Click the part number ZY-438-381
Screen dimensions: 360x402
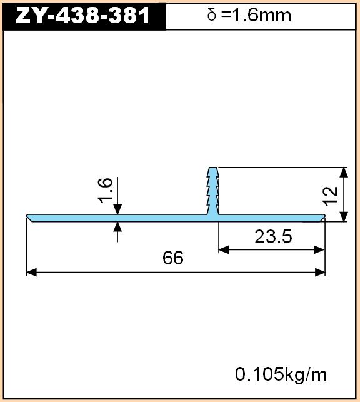pos(82,16)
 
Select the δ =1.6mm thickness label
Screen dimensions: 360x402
pos(249,15)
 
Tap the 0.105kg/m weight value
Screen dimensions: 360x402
pos(281,374)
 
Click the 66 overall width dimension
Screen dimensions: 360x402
pos(173,258)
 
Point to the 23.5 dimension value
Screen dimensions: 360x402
pos(273,237)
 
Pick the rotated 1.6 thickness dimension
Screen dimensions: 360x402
pos(105,190)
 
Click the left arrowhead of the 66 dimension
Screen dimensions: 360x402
pos(31,273)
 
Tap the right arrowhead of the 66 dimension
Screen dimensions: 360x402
pos(320,273)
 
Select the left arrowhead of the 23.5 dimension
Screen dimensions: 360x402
pos(224,249)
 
